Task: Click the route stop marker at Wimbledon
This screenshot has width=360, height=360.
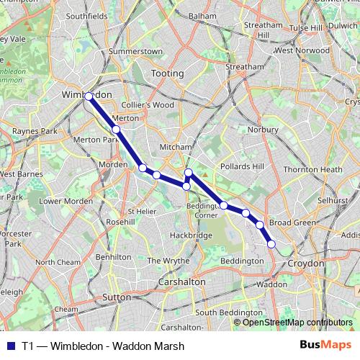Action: (88, 96)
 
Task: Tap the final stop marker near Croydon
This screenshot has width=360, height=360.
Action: (271, 244)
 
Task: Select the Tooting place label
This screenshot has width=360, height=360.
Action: (168, 73)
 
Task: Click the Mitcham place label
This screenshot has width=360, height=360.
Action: (176, 146)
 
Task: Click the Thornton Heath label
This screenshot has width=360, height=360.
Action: (312, 169)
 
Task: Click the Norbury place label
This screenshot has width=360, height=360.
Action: (262, 130)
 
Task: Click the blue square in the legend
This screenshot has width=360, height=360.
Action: (9, 346)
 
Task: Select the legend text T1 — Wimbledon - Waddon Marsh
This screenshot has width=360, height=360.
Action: (103, 346)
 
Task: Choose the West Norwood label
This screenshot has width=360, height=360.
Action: (302, 50)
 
